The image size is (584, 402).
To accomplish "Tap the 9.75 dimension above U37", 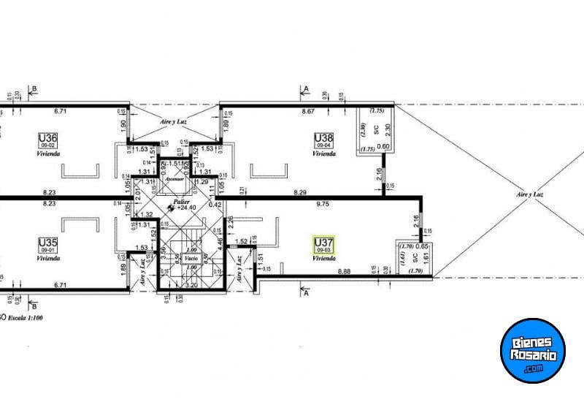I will tap(322, 205).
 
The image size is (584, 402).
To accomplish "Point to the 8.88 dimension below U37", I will tap(346, 272).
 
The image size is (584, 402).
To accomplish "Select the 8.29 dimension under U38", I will tap(300, 192).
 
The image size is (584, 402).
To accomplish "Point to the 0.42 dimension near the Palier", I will tap(215, 205).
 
